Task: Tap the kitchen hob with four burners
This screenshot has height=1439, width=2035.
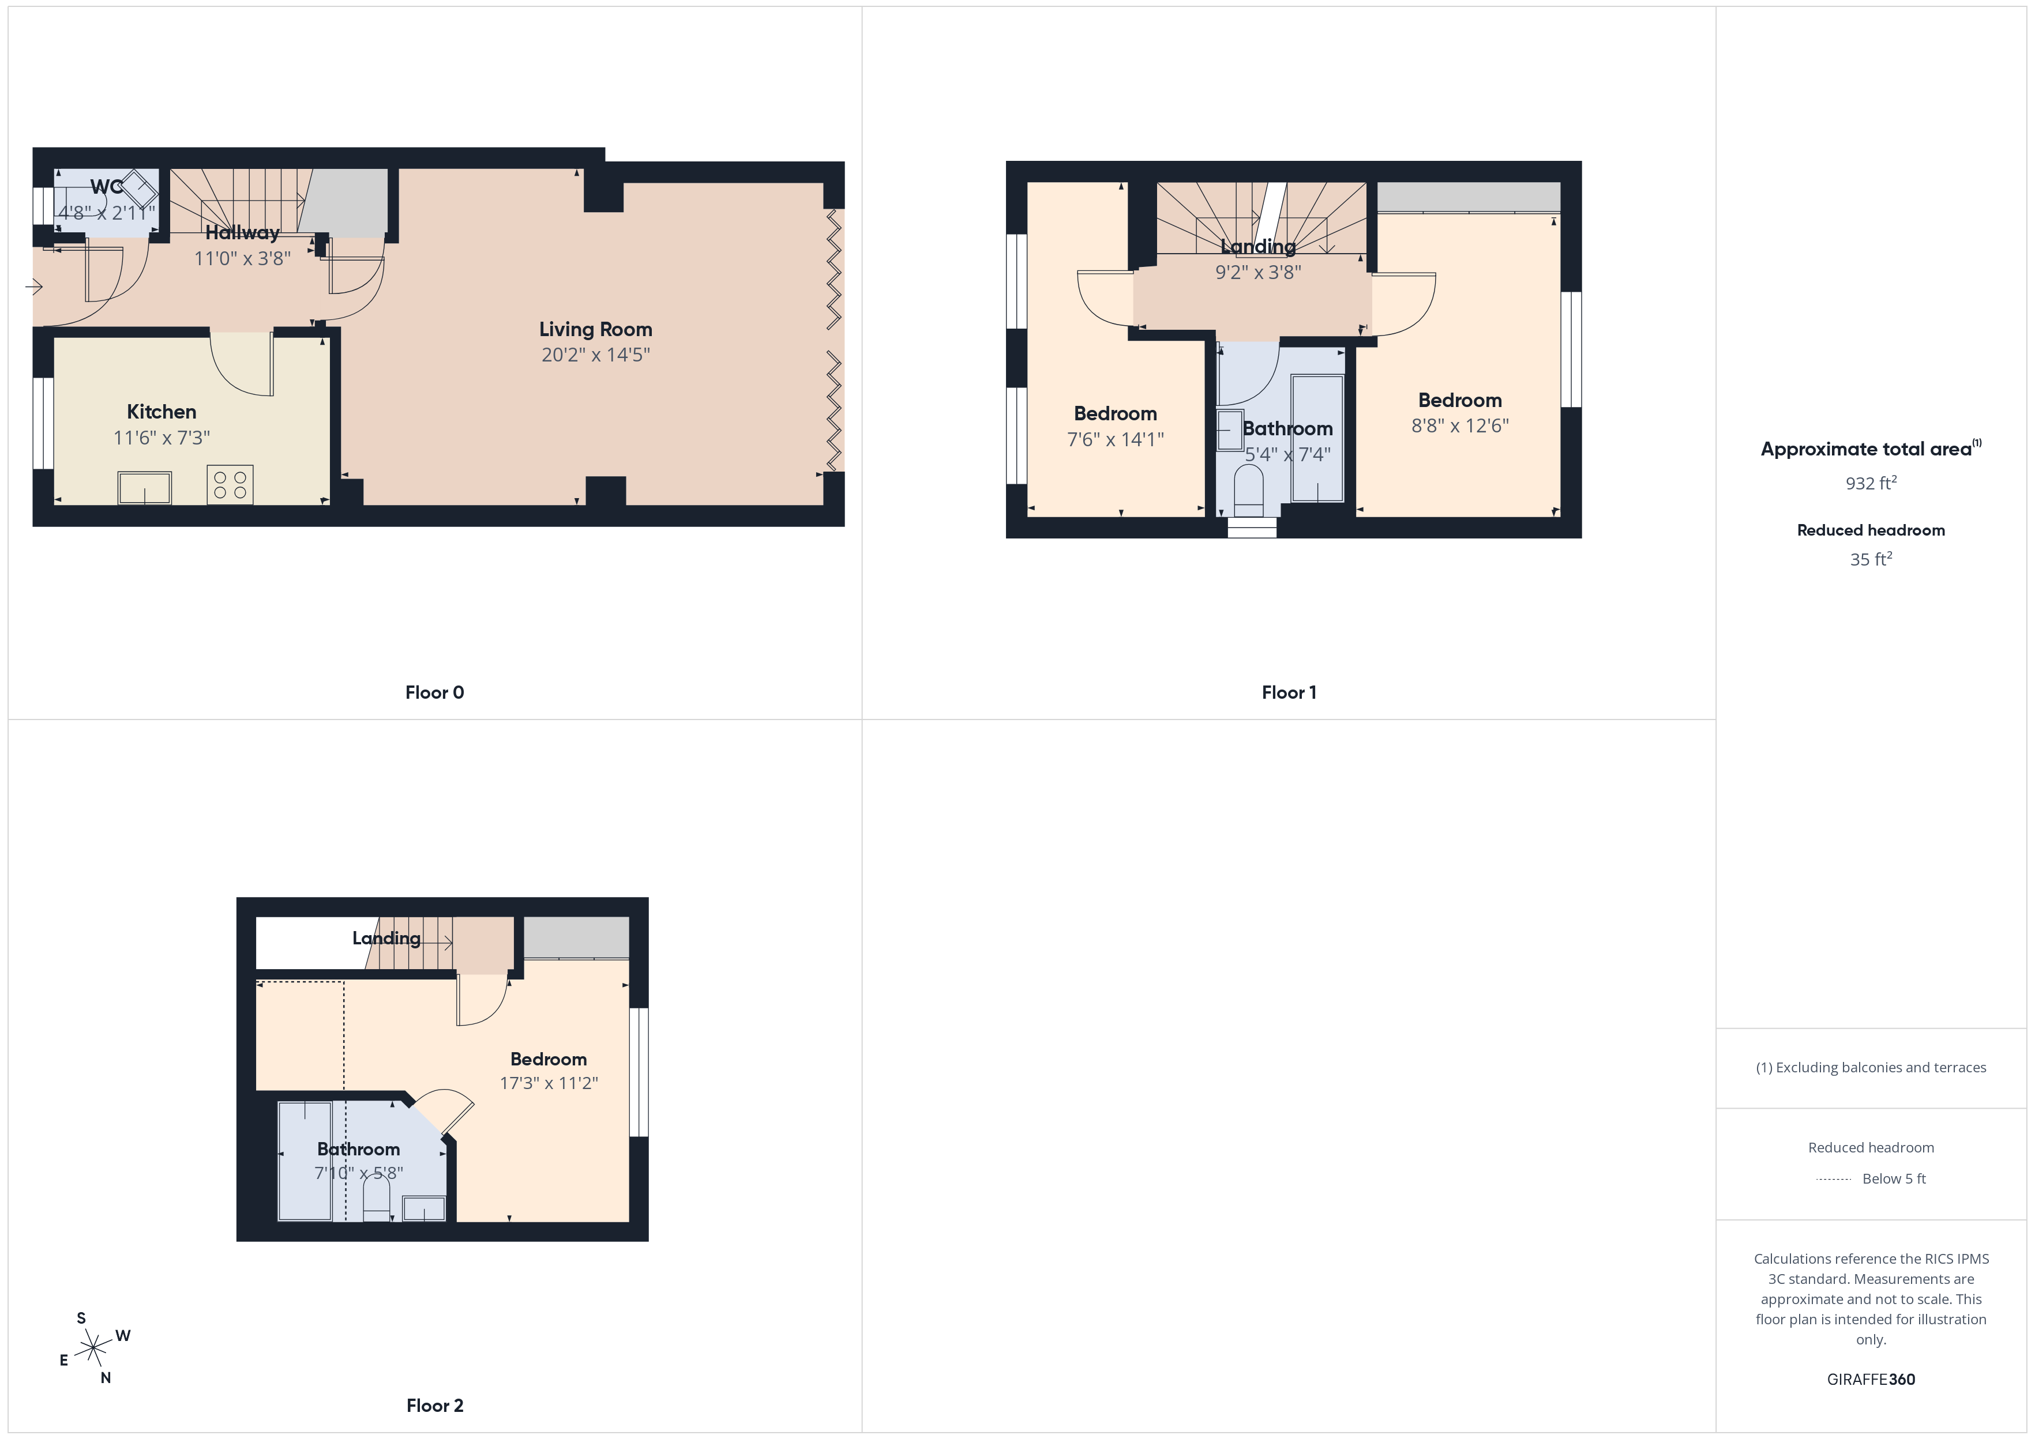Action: pos(230,485)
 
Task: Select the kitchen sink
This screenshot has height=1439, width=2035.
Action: pos(144,487)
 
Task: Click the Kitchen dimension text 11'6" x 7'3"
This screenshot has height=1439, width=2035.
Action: pos(162,438)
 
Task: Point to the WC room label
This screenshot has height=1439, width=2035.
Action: pos(106,187)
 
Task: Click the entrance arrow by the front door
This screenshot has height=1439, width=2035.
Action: pos(35,286)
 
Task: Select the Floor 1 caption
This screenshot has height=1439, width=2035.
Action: pos(1289,693)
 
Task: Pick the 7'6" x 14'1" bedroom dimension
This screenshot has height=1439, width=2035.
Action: pos(1115,439)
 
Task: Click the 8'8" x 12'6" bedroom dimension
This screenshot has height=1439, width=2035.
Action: pos(1460,426)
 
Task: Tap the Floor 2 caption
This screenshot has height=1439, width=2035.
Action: pos(434,1406)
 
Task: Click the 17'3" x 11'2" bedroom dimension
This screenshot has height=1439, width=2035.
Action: pos(549,1083)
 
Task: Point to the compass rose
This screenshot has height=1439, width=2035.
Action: pos(93,1348)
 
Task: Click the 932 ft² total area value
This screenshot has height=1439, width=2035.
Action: pos(1870,483)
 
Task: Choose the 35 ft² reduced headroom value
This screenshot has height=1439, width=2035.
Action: pos(1870,559)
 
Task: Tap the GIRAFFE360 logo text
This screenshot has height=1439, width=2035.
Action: pos(1870,1380)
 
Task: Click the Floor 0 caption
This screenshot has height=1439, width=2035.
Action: pos(434,693)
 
